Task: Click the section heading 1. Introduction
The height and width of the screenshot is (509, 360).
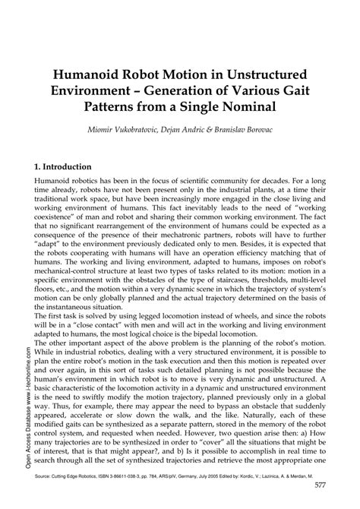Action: pos(63,166)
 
